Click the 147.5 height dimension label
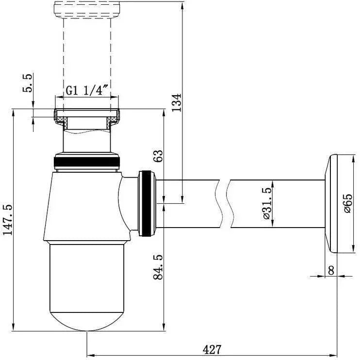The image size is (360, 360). [x=8, y=220]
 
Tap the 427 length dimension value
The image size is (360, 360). [x=212, y=349]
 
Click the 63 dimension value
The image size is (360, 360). [x=158, y=157]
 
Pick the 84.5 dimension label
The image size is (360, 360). [x=158, y=267]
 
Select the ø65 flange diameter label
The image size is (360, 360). [x=347, y=203]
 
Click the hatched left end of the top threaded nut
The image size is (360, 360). [x=60, y=116]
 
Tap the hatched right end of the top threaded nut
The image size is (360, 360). [x=115, y=116]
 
